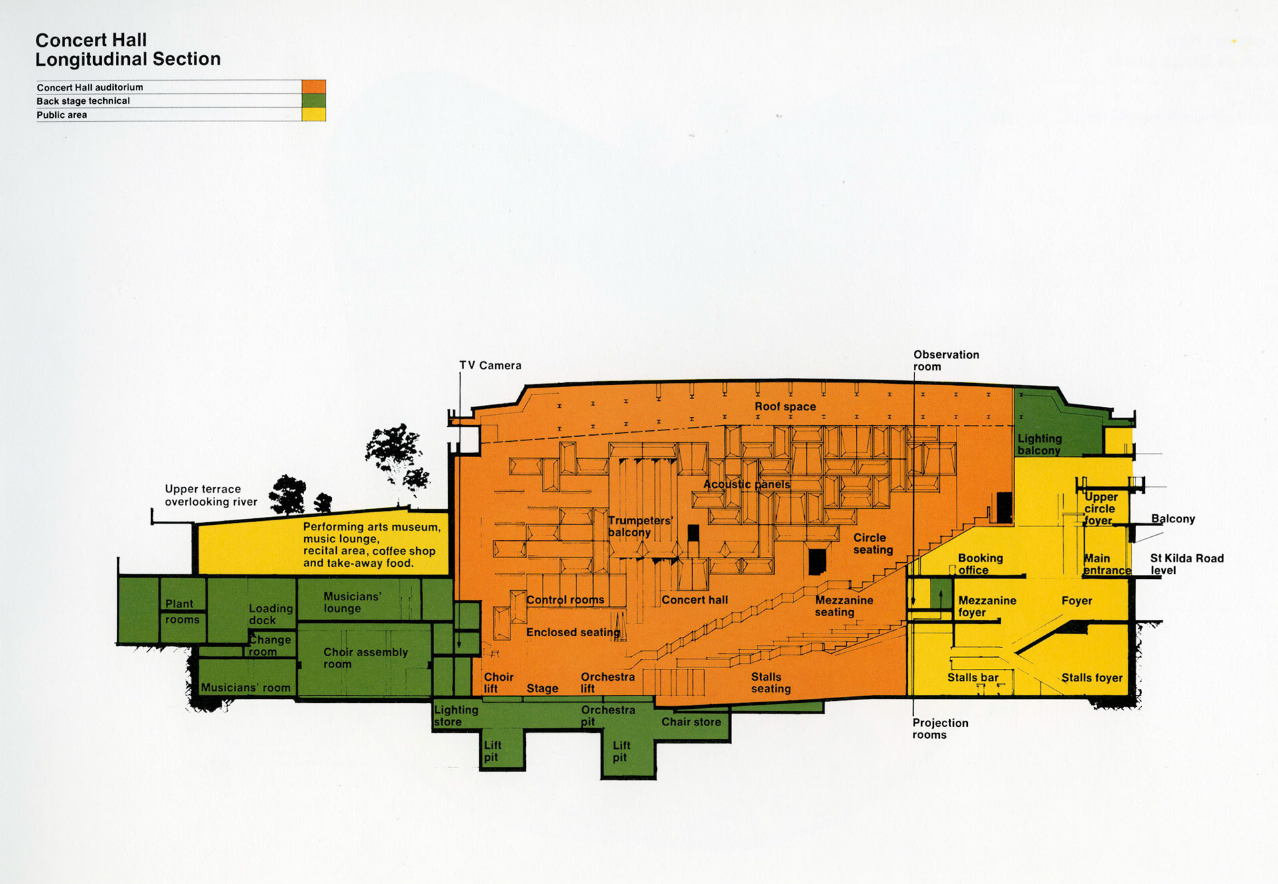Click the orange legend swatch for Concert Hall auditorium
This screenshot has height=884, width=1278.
314,87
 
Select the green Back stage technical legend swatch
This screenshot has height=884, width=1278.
314,101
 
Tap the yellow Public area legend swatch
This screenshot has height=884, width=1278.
314,115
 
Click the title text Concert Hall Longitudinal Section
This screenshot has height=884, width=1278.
127,50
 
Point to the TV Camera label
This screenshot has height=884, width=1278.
490,366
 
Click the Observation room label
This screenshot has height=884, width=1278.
945,360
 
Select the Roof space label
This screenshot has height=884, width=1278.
785,406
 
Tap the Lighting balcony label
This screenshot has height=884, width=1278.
1039,444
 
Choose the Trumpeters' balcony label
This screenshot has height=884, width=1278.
640,526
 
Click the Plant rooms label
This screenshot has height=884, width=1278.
182,612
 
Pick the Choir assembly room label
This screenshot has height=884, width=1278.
365,658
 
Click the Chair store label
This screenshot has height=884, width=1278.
691,722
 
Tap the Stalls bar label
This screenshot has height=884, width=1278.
972,677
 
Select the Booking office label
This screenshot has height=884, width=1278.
980,564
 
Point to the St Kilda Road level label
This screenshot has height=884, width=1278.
1186,564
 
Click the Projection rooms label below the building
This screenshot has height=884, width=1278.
939,729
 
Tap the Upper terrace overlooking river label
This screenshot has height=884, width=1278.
210,495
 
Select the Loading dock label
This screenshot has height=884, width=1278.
270,614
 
